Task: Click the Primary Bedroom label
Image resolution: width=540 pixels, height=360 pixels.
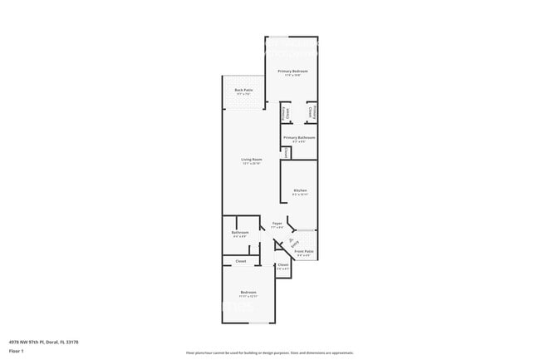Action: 292,72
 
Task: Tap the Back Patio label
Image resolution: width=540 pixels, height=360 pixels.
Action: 243,90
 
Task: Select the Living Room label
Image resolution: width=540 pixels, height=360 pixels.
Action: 252,159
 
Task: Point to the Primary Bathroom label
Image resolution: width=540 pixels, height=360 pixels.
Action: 297,137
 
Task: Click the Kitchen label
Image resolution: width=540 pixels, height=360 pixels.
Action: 301,190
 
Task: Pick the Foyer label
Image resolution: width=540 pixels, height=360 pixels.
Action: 277,223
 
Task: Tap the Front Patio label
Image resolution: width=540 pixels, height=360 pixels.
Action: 304,251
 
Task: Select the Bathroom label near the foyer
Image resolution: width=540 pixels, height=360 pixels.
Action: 240,232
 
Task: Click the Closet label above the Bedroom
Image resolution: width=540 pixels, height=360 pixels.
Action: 241,261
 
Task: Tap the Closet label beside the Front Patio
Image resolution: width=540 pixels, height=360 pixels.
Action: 282,264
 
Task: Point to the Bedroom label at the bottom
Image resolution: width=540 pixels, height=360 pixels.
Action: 248,293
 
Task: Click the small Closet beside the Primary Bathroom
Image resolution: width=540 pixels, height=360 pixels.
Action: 287,152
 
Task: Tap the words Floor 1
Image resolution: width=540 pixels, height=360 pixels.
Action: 17,350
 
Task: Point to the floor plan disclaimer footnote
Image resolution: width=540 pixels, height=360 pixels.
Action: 269,353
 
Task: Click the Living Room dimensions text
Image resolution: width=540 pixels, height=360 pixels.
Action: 252,163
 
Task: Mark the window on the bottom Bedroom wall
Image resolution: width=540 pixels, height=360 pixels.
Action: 262,323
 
